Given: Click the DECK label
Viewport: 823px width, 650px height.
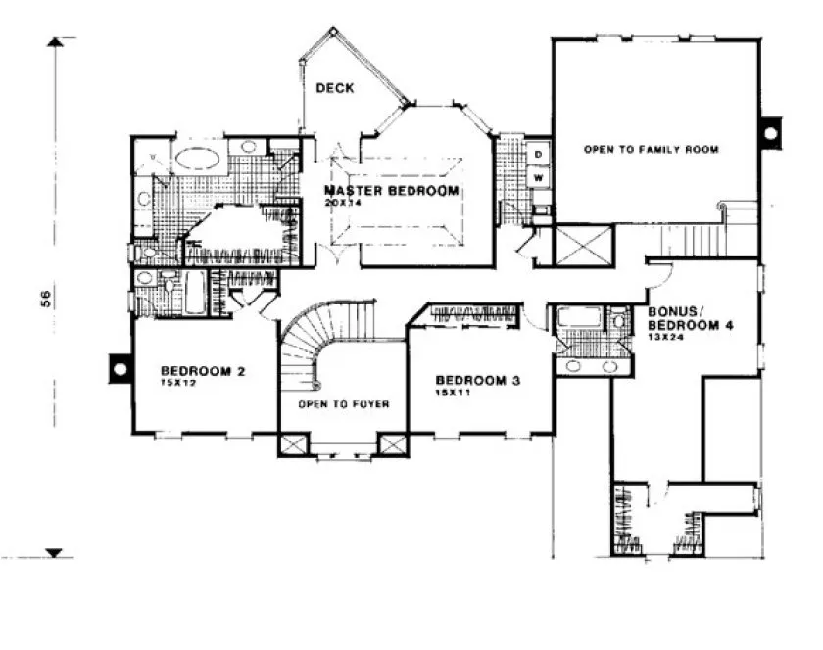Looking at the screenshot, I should click(335, 88).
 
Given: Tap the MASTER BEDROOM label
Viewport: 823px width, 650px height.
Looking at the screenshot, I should click(391, 190).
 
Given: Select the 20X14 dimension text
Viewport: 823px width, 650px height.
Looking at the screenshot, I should click(339, 203).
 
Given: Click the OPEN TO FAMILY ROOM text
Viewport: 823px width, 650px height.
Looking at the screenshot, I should click(651, 150).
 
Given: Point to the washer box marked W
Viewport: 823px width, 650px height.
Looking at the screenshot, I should click(539, 178).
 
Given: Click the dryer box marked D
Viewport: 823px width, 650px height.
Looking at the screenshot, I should click(539, 155).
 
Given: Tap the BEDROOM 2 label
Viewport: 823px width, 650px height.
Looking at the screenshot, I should click(203, 371).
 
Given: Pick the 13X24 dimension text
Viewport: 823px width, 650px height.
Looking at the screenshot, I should click(665, 336).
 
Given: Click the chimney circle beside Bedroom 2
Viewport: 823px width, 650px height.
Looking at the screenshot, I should click(120, 369).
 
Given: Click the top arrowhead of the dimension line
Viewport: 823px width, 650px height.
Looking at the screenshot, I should click(58, 41).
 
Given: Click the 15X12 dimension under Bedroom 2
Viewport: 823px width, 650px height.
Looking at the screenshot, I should click(176, 384).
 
